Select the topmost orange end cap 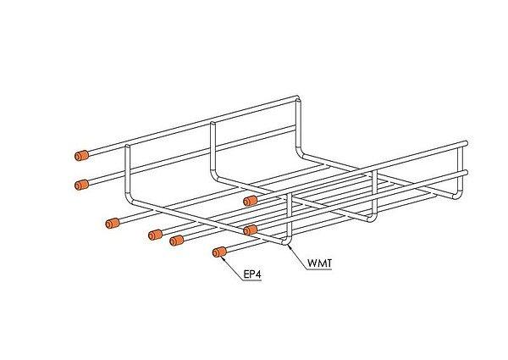click(x=82, y=156)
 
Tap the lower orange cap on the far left click(x=82, y=184)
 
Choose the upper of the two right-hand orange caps click(x=250, y=201)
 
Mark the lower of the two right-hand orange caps click(x=250, y=230)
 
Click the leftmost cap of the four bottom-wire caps click(x=110, y=224)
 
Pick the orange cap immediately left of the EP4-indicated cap click(x=177, y=242)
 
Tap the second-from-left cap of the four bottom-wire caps click(x=155, y=234)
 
